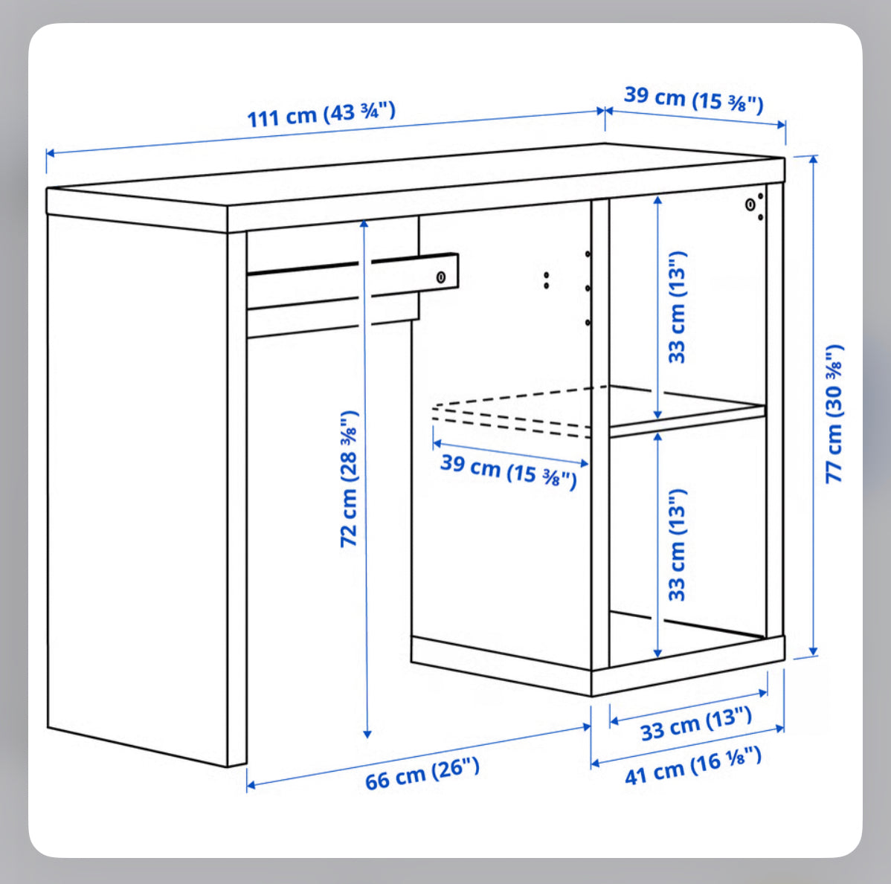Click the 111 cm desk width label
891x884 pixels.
point(321,114)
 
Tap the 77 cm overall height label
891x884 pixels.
point(834,414)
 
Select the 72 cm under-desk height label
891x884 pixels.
point(349,479)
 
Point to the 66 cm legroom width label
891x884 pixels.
point(422,773)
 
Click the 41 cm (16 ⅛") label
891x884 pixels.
point(692,765)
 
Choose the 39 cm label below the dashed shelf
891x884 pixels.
point(509,471)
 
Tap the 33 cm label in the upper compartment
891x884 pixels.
point(677,307)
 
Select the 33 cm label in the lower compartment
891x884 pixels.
point(677,544)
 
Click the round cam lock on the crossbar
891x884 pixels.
point(441,277)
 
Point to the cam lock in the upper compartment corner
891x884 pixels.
point(750,204)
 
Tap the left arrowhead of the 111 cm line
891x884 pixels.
point(50,153)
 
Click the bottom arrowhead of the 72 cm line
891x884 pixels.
point(367,734)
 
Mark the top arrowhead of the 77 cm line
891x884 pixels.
point(813,160)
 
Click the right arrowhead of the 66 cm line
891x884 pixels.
point(587,726)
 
